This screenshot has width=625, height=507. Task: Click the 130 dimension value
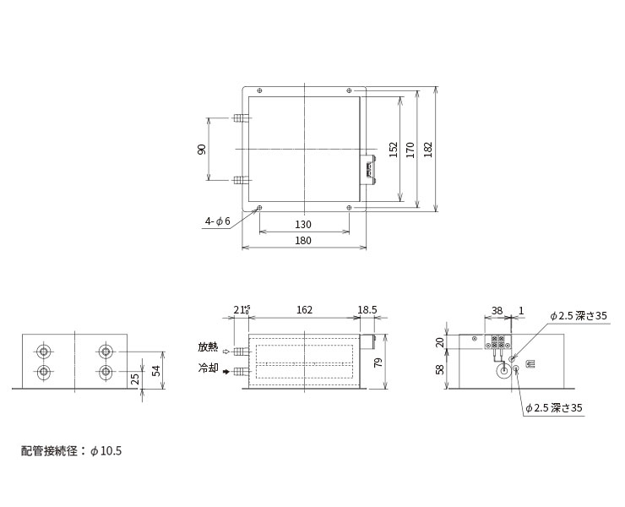303,224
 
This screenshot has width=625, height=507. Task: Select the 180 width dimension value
303,241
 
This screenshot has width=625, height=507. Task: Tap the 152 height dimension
394,150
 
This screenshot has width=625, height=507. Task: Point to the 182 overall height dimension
427,150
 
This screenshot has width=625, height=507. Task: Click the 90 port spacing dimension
202,150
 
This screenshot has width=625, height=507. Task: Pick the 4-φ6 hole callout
218,221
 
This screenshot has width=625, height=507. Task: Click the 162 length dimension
304,310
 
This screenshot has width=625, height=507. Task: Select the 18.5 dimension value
367,310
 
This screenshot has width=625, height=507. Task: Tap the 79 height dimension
378,363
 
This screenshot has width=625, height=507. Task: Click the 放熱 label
208,346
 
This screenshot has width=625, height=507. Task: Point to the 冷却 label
208,368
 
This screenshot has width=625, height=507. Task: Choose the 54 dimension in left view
156,371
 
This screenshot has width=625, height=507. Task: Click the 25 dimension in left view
135,379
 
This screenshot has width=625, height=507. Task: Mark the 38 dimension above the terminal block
497,310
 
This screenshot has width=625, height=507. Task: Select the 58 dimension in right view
440,369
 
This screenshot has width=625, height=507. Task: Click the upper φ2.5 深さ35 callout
579,316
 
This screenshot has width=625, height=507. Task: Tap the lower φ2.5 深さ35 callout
554,407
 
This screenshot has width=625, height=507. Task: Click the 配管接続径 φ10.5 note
71,451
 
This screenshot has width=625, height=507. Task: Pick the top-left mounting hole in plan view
260,90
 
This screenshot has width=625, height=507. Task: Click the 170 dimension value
410,150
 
